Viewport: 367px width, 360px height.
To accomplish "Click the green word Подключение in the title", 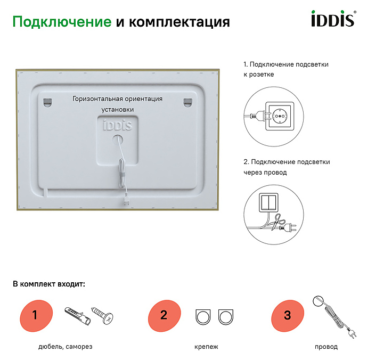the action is (62, 22).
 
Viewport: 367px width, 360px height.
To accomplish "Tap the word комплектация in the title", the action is (180, 22).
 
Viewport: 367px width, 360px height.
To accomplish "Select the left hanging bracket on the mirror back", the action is (48, 103).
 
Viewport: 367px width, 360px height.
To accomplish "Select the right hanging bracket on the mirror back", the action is (187, 103).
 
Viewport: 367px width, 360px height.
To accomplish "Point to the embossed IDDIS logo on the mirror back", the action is (118, 125).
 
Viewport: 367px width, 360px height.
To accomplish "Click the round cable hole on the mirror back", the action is (118, 140).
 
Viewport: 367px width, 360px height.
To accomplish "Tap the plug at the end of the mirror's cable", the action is (126, 202).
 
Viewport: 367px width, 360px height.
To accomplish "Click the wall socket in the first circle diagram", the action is (280, 116).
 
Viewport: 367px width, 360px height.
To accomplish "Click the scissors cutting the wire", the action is (278, 222).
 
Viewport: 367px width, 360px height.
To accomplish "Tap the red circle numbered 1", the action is (36, 316).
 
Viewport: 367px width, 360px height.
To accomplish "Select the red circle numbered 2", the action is (164, 316).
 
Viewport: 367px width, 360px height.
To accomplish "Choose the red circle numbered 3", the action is (288, 316).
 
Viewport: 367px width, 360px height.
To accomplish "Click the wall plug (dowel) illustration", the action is (77, 316).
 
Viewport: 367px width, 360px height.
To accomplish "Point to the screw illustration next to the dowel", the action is (102, 315).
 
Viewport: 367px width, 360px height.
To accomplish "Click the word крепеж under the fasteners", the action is (206, 347).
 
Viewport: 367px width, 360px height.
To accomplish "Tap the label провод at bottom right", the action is (326, 347).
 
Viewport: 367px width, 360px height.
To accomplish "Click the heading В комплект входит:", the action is (49, 284).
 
